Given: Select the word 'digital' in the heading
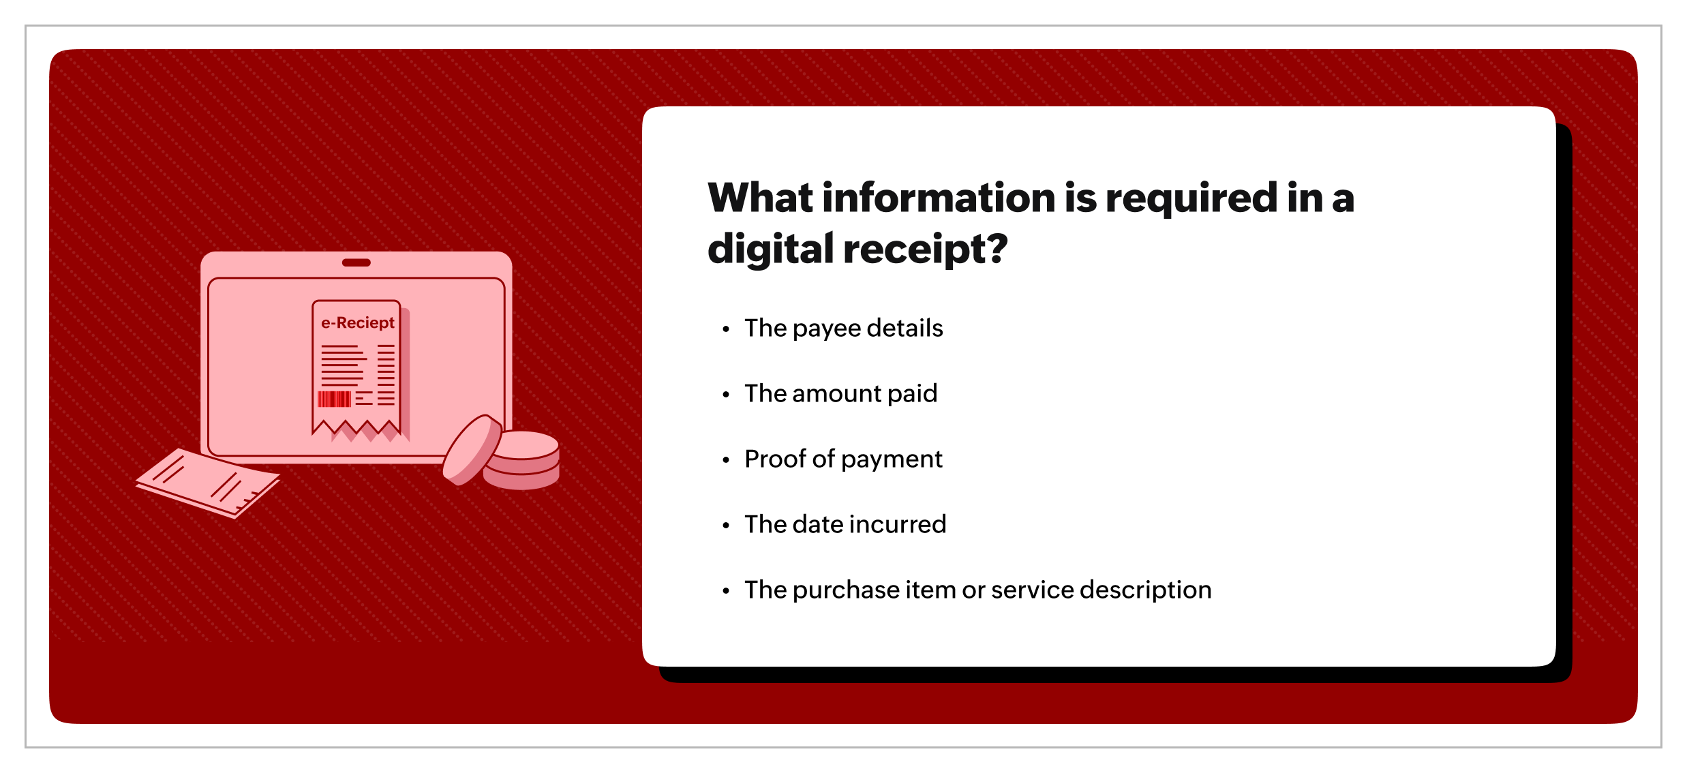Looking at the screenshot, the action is tap(771, 249).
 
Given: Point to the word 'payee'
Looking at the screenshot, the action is tap(826, 330).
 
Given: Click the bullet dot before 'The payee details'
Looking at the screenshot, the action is tap(726, 330).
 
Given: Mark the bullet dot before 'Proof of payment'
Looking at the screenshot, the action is tap(726, 461).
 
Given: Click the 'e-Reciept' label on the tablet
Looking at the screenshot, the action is tap(358, 323).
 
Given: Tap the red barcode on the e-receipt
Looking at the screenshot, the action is tap(334, 399).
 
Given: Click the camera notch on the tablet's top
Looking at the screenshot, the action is tap(356, 262).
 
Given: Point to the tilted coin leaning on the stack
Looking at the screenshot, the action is tap(472, 450).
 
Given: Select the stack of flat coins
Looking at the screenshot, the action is tap(522, 460).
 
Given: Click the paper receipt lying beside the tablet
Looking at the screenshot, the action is tap(208, 483).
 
